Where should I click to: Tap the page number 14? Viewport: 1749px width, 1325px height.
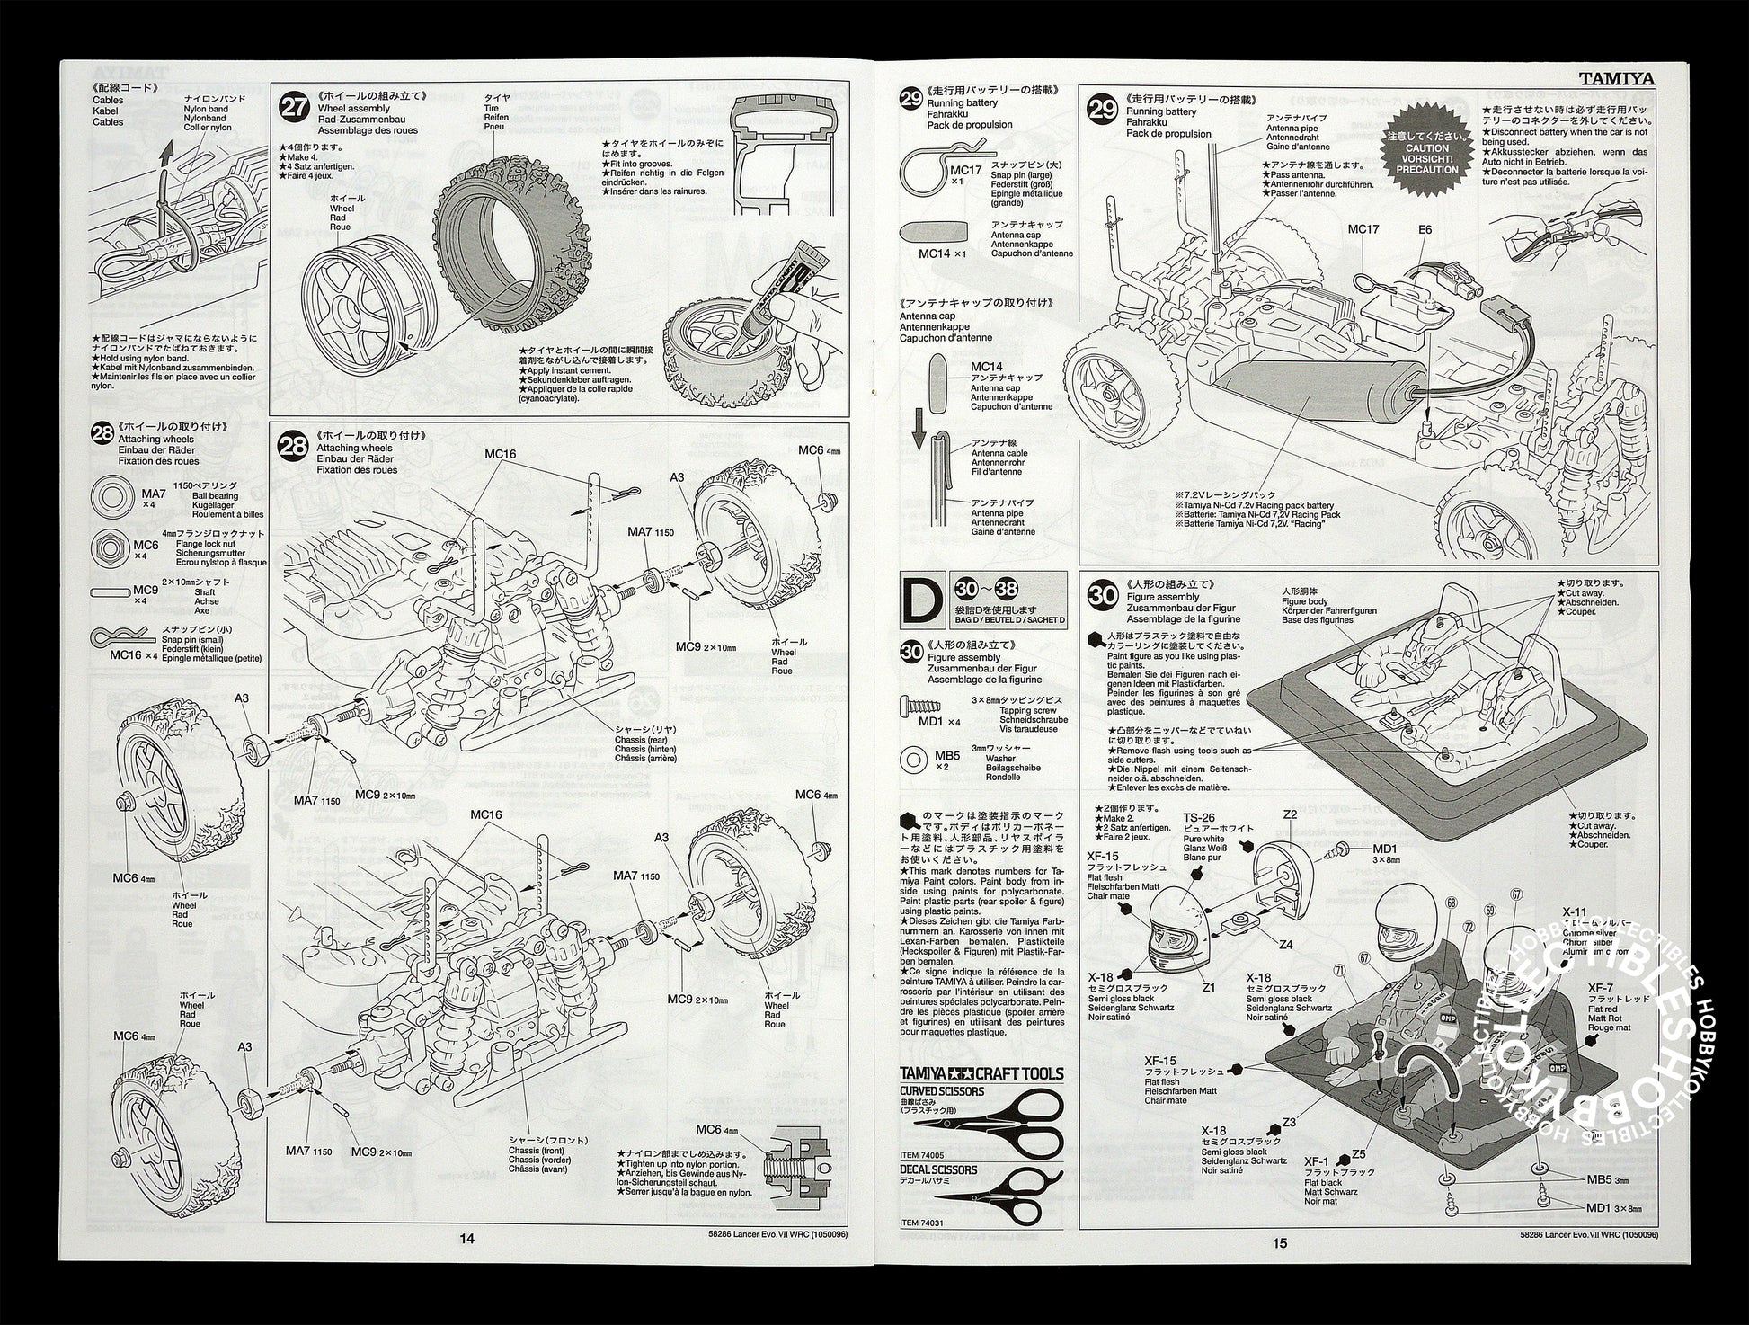[466, 1238]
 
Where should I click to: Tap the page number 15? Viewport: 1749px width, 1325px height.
[1279, 1243]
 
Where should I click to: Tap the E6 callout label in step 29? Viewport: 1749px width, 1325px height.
[1425, 229]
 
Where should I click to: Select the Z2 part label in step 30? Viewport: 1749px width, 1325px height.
[1290, 814]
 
